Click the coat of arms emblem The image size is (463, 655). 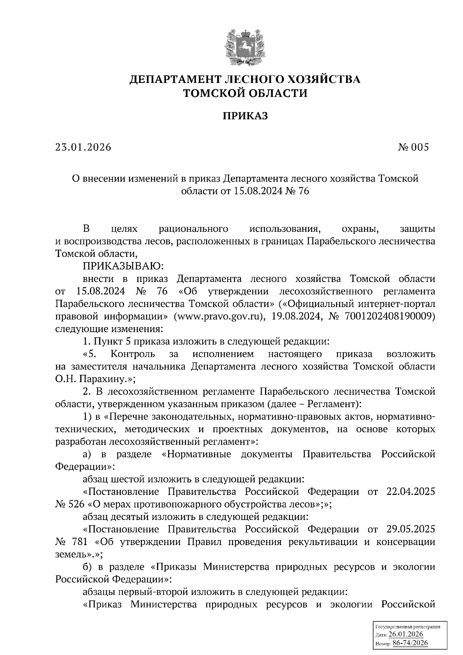click(x=245, y=45)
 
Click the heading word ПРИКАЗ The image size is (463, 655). click(x=245, y=116)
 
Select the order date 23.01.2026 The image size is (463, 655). click(x=83, y=147)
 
